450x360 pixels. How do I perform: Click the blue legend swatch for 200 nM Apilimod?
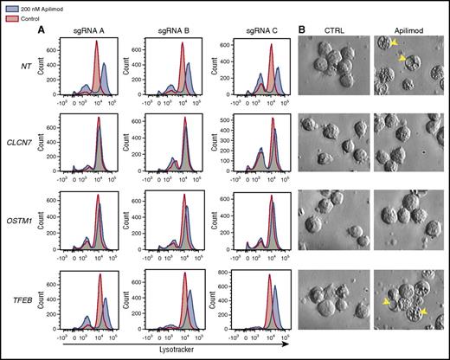click(9, 7)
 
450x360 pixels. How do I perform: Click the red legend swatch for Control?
click(9, 16)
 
